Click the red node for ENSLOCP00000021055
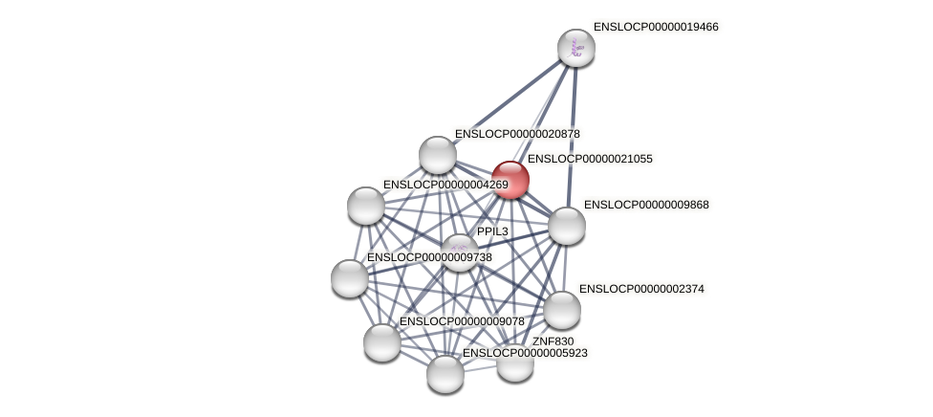coord(510,180)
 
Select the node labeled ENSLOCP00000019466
coord(575,48)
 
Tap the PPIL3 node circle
coord(459,252)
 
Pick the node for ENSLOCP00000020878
coord(437,155)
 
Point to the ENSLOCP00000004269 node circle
coord(365,205)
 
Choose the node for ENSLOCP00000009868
coord(566,226)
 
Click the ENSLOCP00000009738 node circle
coord(349,277)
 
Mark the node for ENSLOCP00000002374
coord(561,309)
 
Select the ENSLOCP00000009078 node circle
coord(381,341)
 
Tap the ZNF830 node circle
coord(514,362)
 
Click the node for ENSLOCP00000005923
coord(445,373)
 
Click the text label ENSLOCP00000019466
coord(655,27)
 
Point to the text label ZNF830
coord(553,341)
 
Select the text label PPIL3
coord(492,231)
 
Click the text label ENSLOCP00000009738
coord(429,257)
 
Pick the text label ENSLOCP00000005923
coord(525,353)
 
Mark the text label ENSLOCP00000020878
coord(517,134)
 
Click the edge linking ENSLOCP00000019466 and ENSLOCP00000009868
coord(572,134)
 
